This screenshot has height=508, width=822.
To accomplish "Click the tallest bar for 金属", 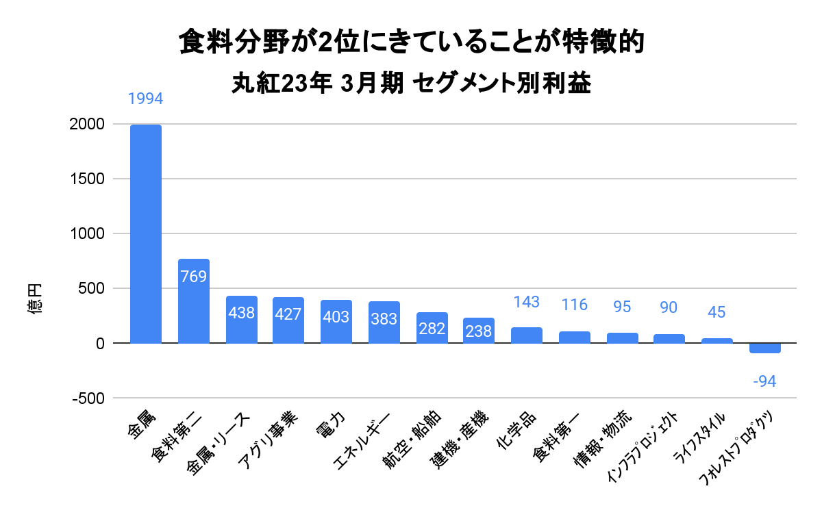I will point(146,233).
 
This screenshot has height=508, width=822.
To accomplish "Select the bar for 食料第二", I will point(194,301).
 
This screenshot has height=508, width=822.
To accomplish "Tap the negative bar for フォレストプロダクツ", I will point(765,348).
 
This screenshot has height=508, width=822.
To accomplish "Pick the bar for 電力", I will point(336,322).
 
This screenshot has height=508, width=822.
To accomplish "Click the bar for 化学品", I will point(527,335).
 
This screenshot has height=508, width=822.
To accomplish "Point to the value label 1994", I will point(146,99).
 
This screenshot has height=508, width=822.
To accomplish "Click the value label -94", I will point(764,381).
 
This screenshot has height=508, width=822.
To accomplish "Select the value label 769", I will point(194,277).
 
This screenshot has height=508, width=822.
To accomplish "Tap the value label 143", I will point(527,302).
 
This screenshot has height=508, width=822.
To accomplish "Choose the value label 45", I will point(717,312).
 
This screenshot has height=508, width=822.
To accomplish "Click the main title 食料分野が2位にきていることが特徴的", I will point(411,43).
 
